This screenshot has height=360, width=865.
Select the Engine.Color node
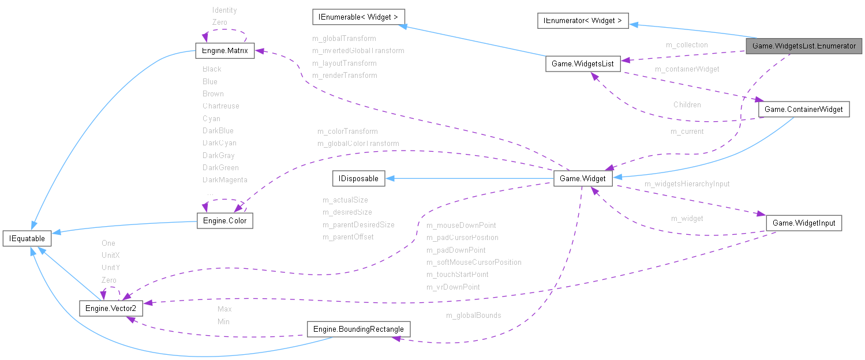224,221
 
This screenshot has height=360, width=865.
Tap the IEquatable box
27,238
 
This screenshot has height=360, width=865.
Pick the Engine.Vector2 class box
110,309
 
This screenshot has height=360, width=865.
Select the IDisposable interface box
358,178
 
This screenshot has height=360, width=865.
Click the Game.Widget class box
582,178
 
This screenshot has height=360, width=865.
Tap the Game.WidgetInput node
803,223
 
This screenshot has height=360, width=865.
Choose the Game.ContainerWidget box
803,109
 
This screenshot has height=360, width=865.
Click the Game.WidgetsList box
583,63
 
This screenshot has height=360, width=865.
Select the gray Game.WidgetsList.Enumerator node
804,46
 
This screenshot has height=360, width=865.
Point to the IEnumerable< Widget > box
358,16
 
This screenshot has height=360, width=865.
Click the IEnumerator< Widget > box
582,21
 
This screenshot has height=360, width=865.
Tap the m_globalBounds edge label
473,316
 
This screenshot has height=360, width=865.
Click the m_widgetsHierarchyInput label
687,184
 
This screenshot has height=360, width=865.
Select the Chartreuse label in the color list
220,106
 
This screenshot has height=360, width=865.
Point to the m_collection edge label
686,44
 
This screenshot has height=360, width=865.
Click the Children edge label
687,105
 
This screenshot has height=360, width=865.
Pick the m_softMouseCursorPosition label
473,262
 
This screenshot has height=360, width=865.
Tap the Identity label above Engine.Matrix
224,10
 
